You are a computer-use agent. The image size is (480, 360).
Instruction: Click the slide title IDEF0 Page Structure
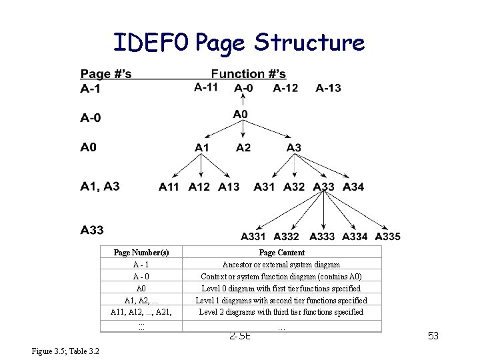(239, 43)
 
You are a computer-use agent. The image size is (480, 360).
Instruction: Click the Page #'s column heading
(105, 73)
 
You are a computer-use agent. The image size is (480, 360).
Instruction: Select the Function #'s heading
(248, 73)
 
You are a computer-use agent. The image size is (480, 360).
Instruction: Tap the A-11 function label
(206, 87)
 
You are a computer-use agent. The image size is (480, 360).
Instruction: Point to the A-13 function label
(328, 88)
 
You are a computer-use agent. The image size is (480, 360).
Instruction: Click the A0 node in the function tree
(240, 115)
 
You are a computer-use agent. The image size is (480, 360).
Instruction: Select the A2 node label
(243, 147)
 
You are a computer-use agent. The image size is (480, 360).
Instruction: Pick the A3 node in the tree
(293, 147)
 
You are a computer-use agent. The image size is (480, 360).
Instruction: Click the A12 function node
(199, 187)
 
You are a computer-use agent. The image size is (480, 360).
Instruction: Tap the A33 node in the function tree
(323, 187)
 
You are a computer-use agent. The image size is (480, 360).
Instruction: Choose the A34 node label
(353, 187)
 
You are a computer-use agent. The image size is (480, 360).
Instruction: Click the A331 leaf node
(253, 236)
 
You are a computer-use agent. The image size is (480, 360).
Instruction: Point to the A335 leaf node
(387, 236)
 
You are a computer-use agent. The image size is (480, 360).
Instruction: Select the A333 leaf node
(322, 236)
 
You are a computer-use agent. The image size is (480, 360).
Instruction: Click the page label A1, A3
(100, 186)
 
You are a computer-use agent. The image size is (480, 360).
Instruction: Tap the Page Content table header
(281, 253)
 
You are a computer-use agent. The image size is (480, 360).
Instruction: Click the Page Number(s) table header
(141, 253)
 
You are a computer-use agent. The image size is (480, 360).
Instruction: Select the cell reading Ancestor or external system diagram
(281, 265)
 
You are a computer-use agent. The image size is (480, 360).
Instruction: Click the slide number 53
(433, 335)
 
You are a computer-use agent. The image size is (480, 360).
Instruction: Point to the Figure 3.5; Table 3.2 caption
(65, 351)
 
